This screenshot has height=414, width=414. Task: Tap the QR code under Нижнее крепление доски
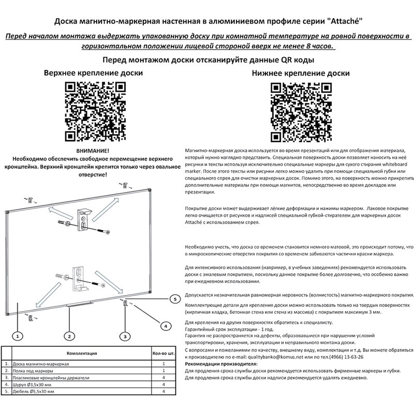click(301, 112)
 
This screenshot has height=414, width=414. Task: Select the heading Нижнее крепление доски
click(301, 73)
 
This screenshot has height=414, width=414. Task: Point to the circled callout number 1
click(17, 336)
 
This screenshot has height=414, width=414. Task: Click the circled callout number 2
click(68, 336)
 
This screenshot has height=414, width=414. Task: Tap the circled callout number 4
click(165, 326)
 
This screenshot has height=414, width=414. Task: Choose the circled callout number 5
click(175, 299)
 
